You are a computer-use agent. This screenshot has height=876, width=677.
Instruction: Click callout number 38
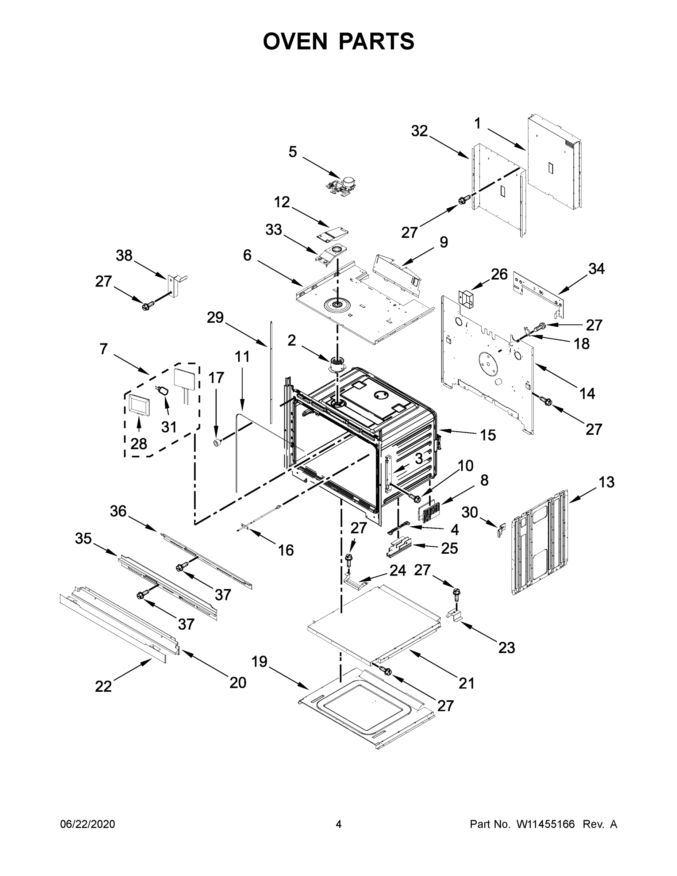tap(124, 255)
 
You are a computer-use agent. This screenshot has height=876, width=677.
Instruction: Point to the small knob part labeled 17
tap(217, 442)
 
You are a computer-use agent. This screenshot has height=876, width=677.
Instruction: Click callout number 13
tap(607, 482)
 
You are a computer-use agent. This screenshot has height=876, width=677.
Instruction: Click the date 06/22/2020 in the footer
tap(88, 824)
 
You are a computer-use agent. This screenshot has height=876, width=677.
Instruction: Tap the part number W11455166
tap(546, 824)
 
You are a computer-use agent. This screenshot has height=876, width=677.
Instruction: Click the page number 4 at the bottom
tap(339, 824)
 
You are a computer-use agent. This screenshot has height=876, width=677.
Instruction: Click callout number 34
tap(596, 268)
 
